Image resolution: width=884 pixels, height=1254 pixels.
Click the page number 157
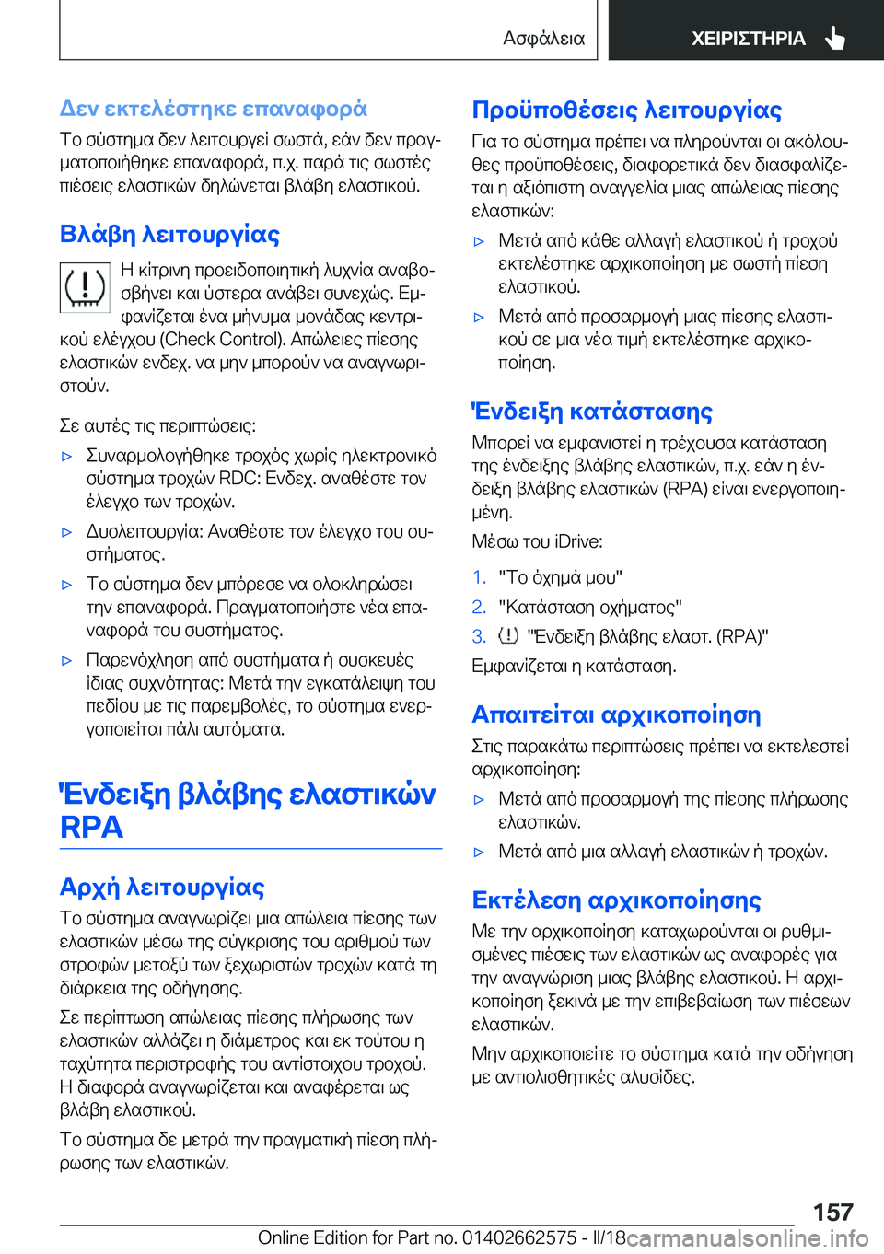point(832,1212)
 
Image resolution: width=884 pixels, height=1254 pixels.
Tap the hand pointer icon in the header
point(835,38)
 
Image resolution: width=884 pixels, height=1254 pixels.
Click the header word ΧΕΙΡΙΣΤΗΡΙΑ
point(748,39)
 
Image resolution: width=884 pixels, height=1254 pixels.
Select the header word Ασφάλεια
point(543,39)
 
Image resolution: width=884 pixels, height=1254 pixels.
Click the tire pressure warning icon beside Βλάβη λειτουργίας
point(85,286)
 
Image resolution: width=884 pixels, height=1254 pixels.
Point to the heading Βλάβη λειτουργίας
point(169,235)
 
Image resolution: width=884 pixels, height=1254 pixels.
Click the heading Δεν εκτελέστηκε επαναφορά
point(213,109)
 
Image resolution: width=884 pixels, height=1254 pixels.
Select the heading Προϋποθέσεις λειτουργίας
point(626,110)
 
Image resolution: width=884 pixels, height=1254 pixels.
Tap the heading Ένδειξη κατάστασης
point(592,412)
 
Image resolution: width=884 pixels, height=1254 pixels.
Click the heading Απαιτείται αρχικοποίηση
point(616,714)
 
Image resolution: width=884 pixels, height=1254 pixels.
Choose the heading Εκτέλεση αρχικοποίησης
point(616,900)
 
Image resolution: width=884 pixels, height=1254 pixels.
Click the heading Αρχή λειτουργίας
point(162,887)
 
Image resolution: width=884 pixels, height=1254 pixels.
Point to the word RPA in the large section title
point(91,828)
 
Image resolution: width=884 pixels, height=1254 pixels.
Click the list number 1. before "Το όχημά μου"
point(479,577)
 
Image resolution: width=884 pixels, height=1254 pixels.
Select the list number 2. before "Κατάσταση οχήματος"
point(479,607)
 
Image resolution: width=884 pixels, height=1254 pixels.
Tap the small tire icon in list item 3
point(508,636)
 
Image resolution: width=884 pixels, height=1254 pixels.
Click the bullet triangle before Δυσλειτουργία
point(66,532)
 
